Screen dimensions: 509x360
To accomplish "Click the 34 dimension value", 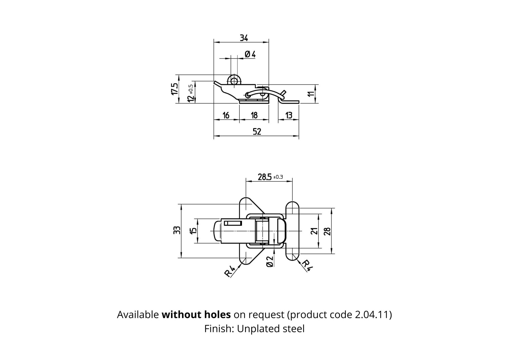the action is (244, 38).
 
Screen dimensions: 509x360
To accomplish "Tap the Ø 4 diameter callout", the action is (250, 54).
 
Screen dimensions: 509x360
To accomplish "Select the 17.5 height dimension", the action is (174, 89).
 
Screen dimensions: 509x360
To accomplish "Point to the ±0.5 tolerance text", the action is (191, 89).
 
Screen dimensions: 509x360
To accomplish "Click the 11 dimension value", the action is (311, 94).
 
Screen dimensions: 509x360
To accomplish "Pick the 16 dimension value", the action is (226, 115).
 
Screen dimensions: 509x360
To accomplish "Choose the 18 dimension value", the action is (254, 115).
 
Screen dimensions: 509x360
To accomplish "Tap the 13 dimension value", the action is (288, 115).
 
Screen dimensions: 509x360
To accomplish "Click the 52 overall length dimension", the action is (257, 131).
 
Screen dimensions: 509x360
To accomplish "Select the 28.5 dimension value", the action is (265, 176).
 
